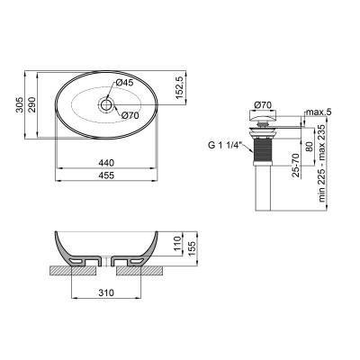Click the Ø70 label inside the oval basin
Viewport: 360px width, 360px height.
[129, 117]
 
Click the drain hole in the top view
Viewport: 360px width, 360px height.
[108, 105]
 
